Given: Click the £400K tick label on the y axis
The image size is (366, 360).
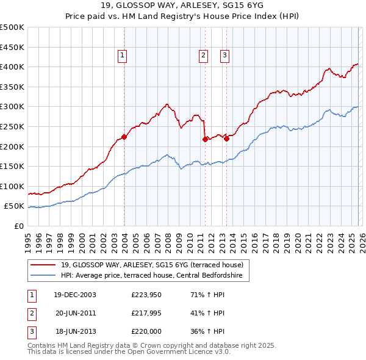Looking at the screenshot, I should (12, 67).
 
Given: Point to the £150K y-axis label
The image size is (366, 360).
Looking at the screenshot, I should (12, 166).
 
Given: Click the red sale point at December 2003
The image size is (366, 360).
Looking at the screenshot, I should (124, 137).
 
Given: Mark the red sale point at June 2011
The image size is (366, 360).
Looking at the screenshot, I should (205, 139).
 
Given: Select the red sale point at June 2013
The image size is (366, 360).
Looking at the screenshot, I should (226, 139).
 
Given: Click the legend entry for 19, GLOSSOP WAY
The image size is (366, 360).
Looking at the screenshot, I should (152, 265).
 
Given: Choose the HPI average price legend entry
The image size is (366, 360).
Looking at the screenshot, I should (151, 276).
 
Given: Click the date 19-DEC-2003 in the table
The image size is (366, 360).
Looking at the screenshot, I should (74, 295).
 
